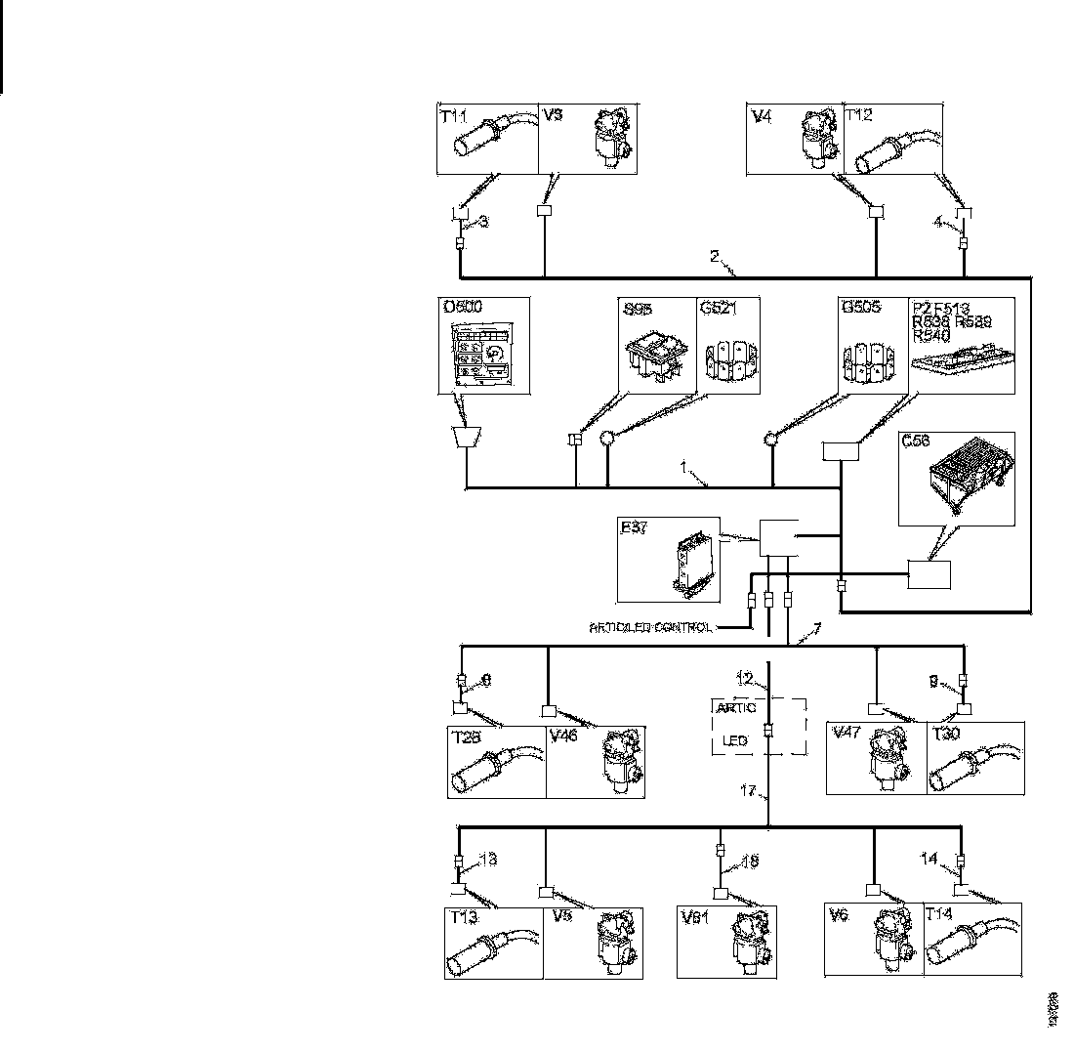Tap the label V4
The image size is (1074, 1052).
coord(761,115)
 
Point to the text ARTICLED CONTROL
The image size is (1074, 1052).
coord(650,627)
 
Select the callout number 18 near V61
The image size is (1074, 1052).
coord(749,862)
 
